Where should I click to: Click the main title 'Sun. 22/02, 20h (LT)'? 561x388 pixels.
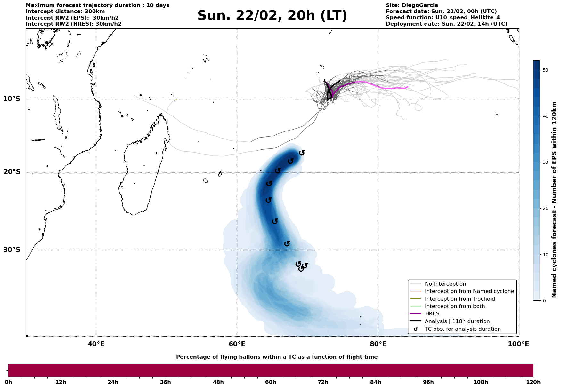pos(272,16)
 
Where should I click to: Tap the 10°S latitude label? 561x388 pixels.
pos(12,99)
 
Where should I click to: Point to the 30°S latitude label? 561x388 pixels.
pos(12,250)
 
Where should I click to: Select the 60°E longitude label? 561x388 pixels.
pos(237,344)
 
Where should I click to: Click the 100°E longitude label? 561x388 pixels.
pos(518,344)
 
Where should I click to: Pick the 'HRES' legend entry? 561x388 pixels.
pos(432,314)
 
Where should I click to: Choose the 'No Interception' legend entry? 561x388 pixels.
pos(445,284)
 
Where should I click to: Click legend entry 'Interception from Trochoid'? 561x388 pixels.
pos(460,299)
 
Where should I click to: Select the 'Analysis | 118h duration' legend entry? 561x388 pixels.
pos(457,321)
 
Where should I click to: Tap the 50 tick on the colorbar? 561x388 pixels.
pos(546,70)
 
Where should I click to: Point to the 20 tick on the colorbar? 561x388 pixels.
pos(546,209)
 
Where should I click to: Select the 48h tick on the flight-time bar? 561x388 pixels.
pos(218,382)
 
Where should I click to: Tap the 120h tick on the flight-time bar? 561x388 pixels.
pos(533,382)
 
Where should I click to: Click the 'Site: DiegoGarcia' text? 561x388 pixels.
pos(412,5)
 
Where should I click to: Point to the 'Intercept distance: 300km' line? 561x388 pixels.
pos(65,12)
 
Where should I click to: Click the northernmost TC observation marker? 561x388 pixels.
pos(302,153)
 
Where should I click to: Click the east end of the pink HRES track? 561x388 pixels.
pos(407,87)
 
